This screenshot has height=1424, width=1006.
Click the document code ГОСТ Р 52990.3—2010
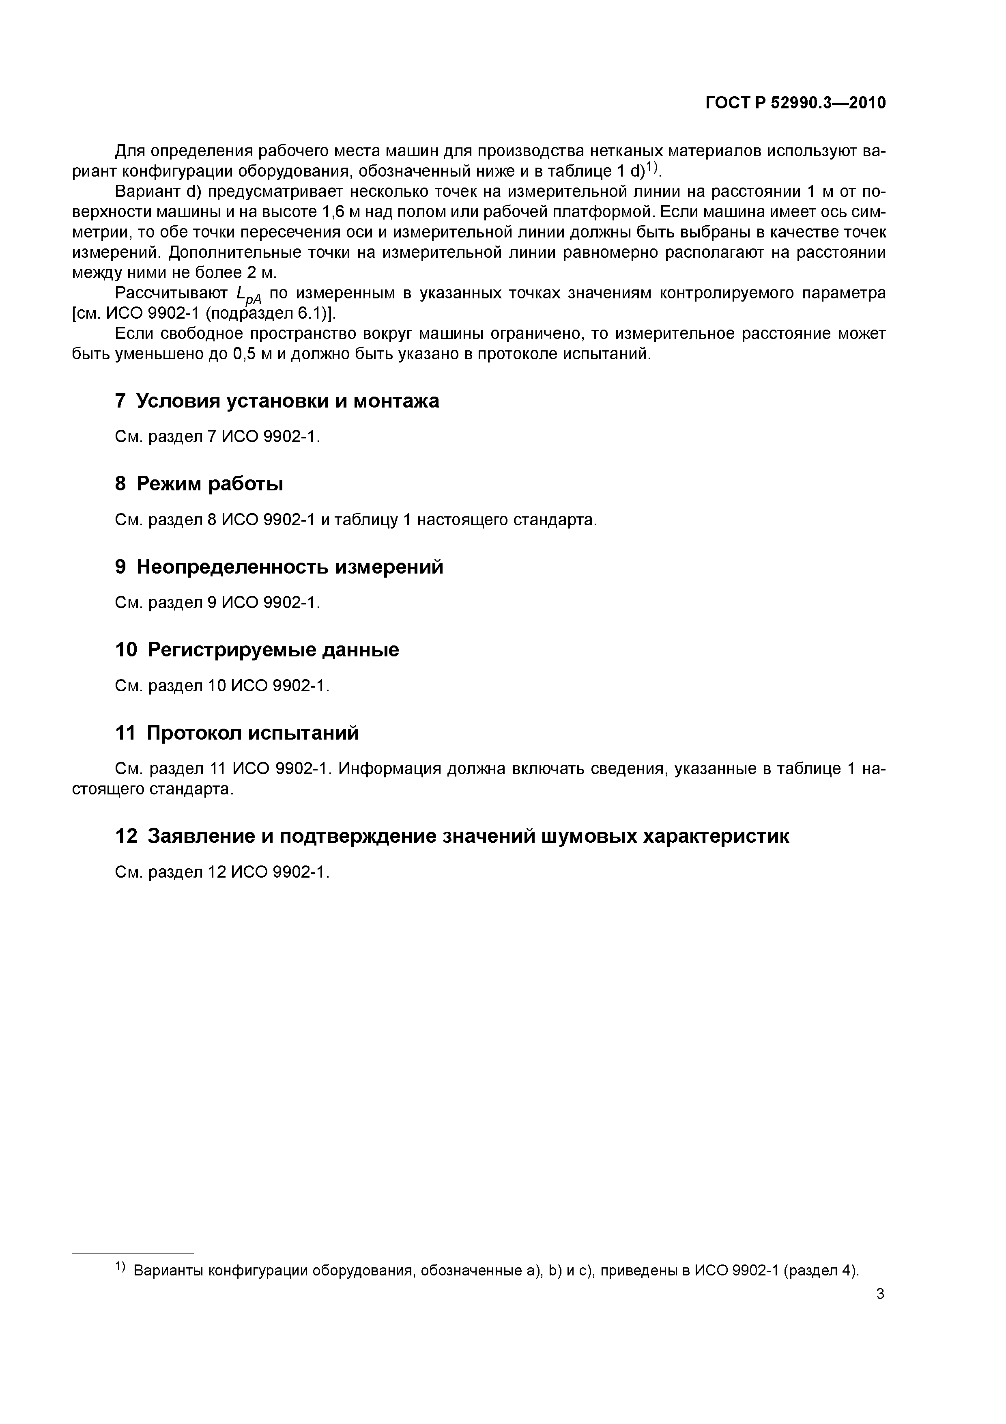point(795,103)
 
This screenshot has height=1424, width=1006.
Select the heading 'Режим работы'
point(209,484)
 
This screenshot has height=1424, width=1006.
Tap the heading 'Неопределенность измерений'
point(290,567)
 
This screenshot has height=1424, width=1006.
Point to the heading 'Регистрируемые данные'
point(273,650)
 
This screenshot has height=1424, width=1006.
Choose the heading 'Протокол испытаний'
point(252,733)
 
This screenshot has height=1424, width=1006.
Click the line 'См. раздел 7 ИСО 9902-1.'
point(217,437)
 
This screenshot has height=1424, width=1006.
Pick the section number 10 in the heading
point(126,650)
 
